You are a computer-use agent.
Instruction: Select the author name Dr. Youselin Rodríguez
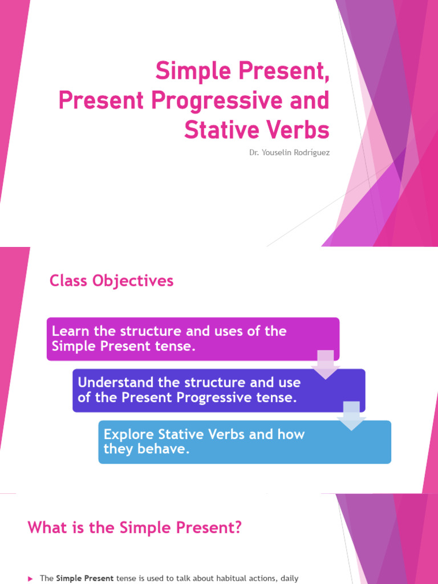(289, 152)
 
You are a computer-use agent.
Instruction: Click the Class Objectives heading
(111, 281)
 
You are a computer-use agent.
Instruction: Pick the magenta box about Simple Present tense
(193, 339)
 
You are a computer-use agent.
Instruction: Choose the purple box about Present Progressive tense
(218, 390)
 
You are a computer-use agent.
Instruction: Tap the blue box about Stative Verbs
(245, 442)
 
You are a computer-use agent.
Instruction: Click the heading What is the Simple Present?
(135, 528)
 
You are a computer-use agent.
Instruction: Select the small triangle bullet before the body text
(30, 579)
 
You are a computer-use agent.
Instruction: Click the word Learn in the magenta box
(68, 331)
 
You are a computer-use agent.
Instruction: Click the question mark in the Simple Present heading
(238, 528)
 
